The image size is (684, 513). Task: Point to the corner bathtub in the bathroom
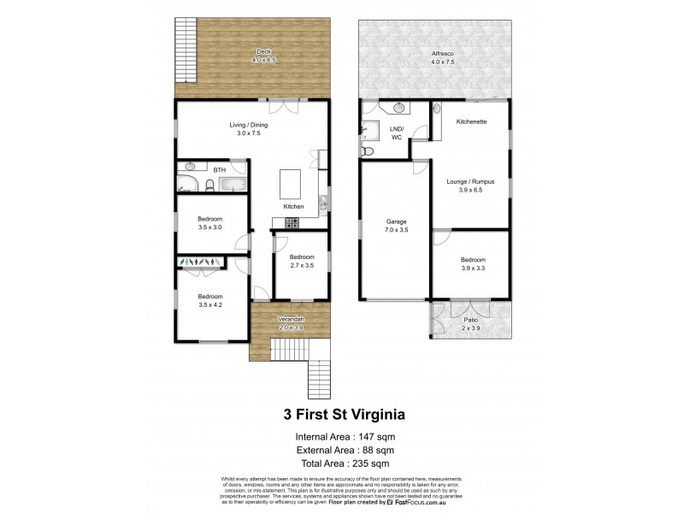pyautogui.click(x=188, y=182)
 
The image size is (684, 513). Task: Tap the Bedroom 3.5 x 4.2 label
pyautogui.click(x=210, y=300)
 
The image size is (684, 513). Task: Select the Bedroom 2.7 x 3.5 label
pyautogui.click(x=301, y=261)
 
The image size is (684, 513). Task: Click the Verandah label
pyautogui.click(x=291, y=321)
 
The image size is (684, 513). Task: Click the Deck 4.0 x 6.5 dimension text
pyautogui.click(x=263, y=60)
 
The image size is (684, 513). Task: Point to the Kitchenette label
pyautogui.click(x=471, y=121)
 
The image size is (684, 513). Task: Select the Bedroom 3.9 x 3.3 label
pyautogui.click(x=473, y=264)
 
